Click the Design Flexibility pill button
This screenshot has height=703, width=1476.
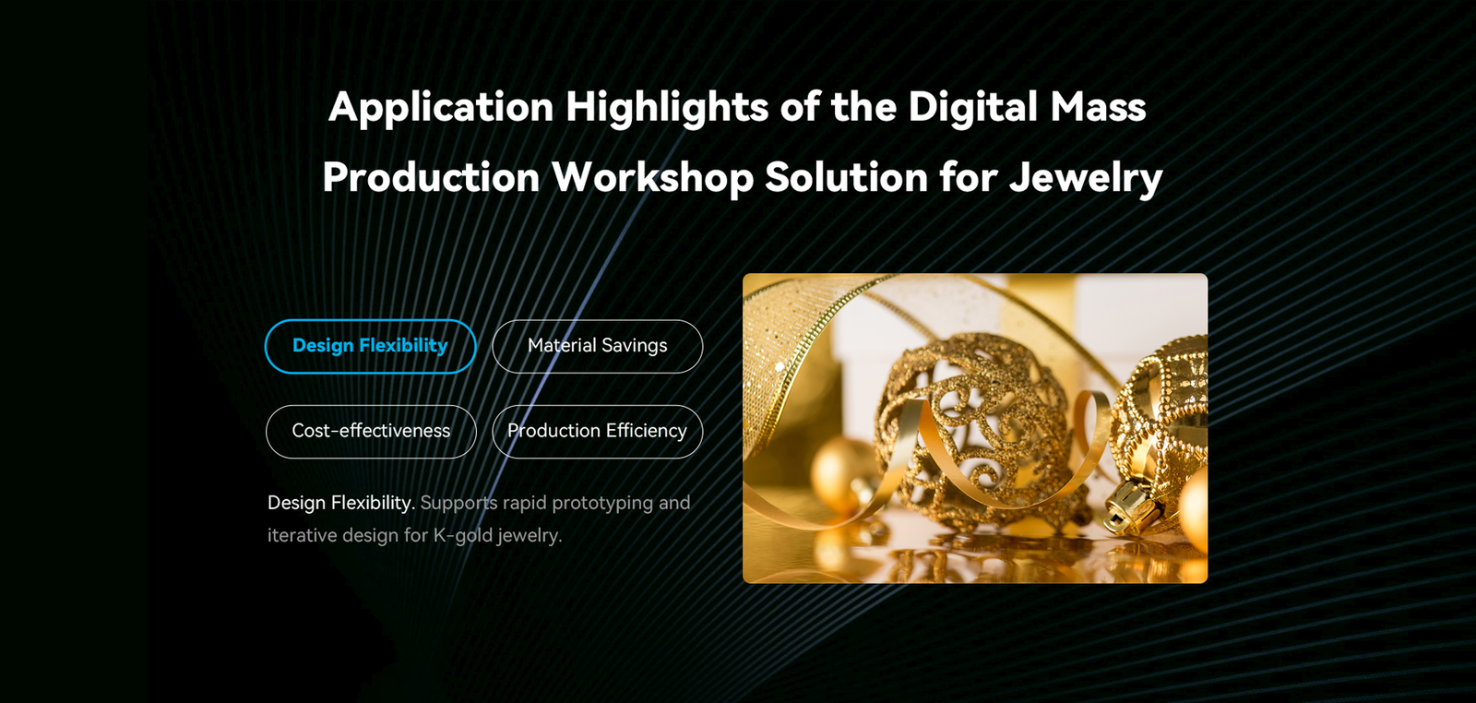370,347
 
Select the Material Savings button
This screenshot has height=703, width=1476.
598,347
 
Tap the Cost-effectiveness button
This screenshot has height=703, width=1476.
371,432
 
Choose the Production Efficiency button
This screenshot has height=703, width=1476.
598,432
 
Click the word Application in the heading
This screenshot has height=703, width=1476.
441,108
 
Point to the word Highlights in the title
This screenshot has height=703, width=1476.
667,108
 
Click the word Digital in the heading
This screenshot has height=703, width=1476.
973,107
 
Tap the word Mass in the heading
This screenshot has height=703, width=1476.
1099,107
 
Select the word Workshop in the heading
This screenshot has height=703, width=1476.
652,178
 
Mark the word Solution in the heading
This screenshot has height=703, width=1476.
847,178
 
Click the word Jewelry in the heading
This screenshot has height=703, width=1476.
1086,179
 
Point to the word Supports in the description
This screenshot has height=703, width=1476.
458,504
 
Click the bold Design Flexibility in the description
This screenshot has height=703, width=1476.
341,503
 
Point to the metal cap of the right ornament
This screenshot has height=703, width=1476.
1131,504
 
